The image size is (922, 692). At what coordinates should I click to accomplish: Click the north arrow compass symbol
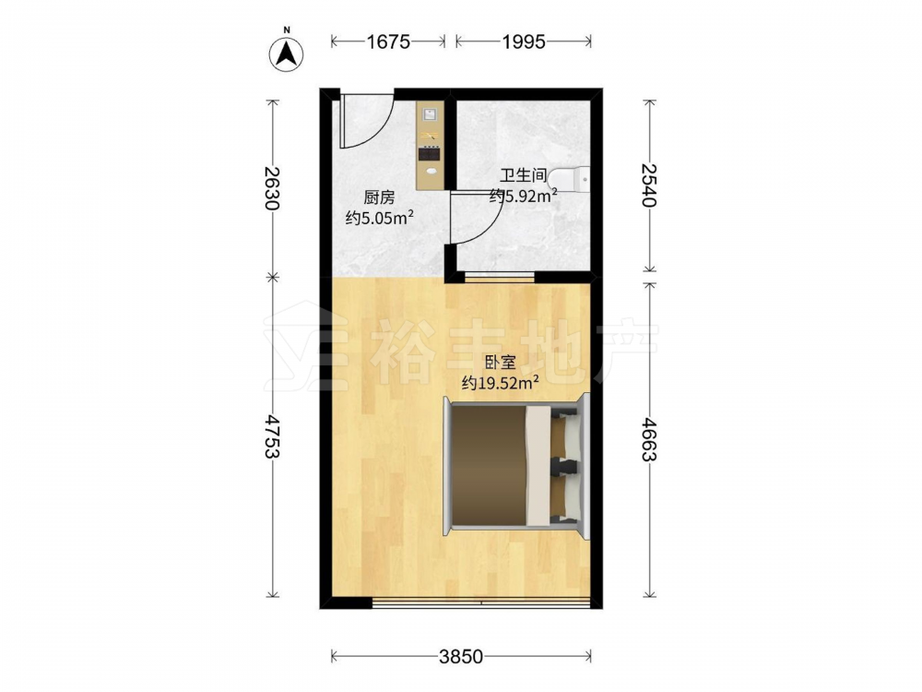(x=287, y=54)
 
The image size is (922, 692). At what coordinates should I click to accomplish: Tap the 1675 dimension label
(x=388, y=42)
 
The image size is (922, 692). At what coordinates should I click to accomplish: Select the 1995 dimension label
(x=524, y=42)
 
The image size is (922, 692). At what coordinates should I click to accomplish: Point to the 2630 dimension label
(x=272, y=188)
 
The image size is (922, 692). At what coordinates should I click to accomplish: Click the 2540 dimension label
(x=648, y=185)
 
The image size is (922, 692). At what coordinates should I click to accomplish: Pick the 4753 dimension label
(x=272, y=436)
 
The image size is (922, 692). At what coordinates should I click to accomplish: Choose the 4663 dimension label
(x=648, y=439)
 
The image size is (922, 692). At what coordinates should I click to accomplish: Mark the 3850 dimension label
(x=461, y=656)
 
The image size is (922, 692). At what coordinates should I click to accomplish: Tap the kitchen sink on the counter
(x=430, y=113)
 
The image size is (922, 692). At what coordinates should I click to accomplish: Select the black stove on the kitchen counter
(x=430, y=153)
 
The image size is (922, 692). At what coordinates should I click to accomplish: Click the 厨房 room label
(x=379, y=197)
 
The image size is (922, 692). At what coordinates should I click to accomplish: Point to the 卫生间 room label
(x=524, y=175)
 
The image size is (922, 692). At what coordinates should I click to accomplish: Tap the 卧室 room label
(x=500, y=363)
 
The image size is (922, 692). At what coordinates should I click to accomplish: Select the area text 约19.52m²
(x=501, y=383)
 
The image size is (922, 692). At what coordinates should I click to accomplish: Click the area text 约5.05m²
(x=380, y=219)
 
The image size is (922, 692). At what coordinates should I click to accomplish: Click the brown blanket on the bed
(x=490, y=465)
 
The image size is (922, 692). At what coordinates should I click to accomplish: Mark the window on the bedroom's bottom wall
(x=481, y=603)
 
